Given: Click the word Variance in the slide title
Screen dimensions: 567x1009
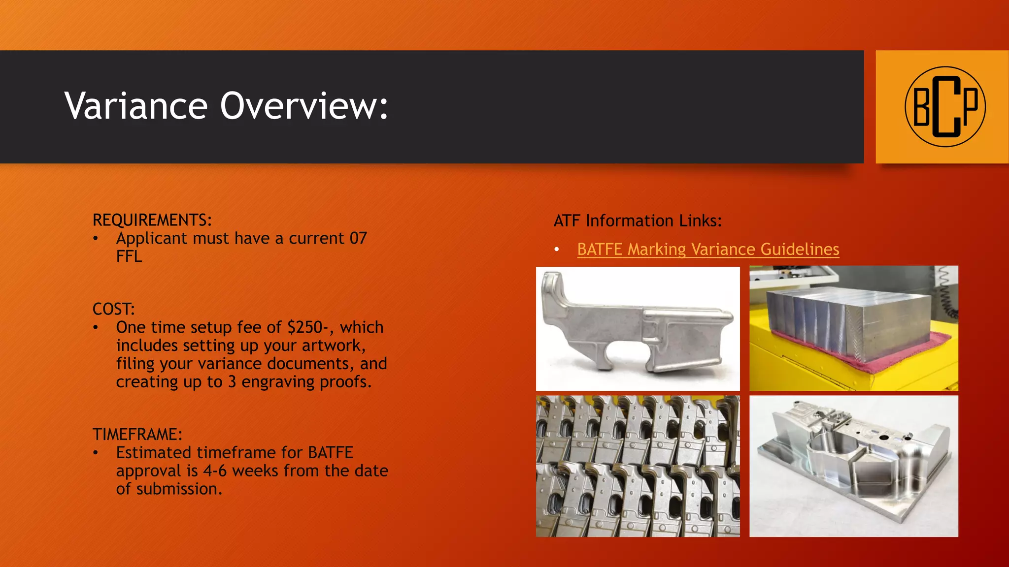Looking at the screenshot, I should click(136, 106).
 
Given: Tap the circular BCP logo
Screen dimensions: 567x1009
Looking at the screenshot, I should click(945, 106).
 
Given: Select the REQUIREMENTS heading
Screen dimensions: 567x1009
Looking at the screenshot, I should click(152, 220).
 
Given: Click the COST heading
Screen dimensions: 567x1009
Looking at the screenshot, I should click(113, 309).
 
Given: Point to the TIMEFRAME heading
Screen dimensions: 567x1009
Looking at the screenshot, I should click(137, 435).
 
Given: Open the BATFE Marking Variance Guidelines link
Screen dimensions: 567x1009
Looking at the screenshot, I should click(708, 250).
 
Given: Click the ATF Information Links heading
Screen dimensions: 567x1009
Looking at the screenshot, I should click(638, 221).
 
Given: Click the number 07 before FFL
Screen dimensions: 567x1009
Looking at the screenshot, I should click(358, 238).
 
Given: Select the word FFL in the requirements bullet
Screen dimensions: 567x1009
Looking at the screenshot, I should click(129, 256).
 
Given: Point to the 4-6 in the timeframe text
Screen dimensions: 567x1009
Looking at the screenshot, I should click(215, 471).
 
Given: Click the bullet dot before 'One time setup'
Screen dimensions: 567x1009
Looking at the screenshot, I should click(96, 328).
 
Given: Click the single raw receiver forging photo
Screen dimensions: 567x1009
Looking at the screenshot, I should click(638, 329).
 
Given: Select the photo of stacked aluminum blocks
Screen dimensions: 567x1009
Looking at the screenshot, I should click(853, 328).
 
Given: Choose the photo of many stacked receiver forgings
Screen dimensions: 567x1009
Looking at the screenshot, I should click(638, 466).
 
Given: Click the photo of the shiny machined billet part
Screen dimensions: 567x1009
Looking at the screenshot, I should click(853, 466).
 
